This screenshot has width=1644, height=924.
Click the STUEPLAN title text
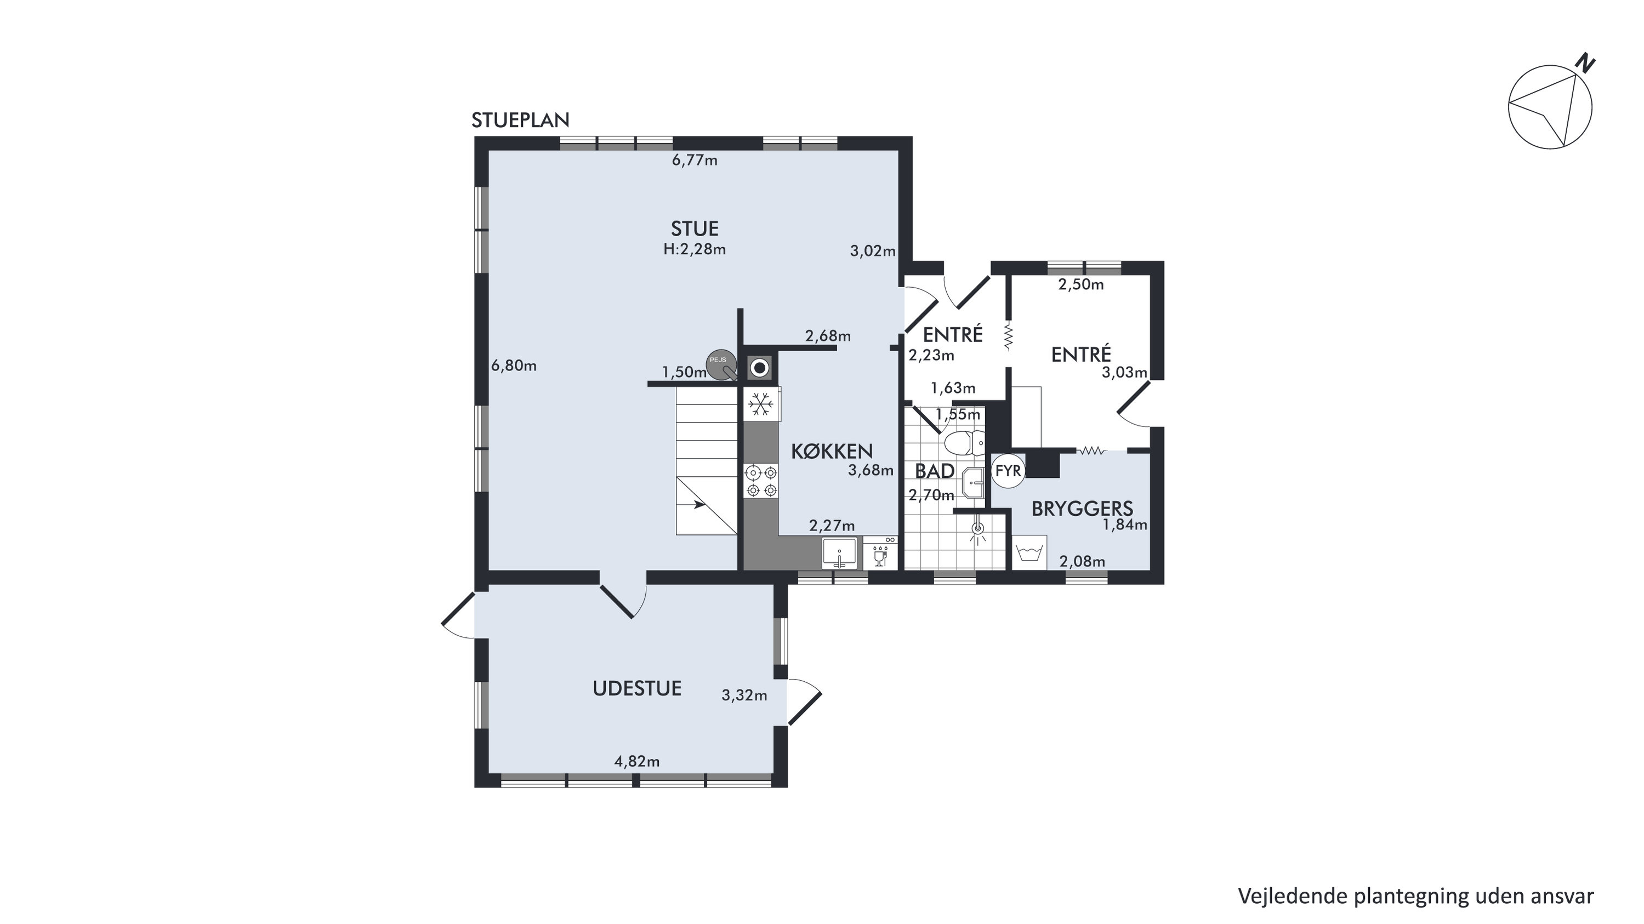point(520,120)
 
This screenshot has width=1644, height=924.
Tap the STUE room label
point(695,229)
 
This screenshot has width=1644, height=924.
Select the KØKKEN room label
point(832,451)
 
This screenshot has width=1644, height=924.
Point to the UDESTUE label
point(637,688)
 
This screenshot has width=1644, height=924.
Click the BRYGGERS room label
point(1082,509)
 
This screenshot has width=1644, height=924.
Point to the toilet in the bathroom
point(964,442)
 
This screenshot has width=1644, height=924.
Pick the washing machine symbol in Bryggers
point(1029,551)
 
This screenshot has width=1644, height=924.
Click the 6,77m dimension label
point(695,160)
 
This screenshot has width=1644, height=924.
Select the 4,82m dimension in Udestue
point(637,761)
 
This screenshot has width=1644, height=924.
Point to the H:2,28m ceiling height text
point(695,249)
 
